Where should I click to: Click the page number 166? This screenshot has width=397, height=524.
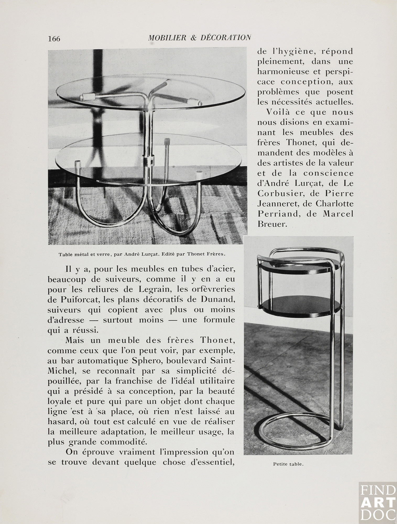(x=54, y=39)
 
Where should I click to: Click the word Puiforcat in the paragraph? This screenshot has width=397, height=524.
(x=78, y=299)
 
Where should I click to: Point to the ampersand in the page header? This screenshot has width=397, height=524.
(x=193, y=38)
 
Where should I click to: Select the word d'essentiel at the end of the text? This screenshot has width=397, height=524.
(x=212, y=462)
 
